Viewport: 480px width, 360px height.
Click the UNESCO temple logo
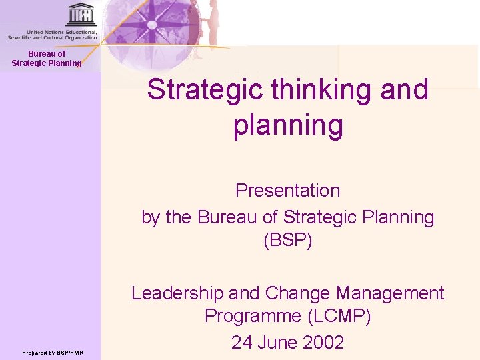pyautogui.click(x=81, y=15)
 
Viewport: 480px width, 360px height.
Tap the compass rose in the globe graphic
pyautogui.click(x=152, y=25)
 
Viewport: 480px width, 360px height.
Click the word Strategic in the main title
pyautogui.click(x=201, y=89)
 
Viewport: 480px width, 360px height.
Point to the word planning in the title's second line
pyautogui.click(x=288, y=125)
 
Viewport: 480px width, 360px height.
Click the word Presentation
pyautogui.click(x=288, y=191)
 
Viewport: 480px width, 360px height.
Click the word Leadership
pyautogui.click(x=177, y=293)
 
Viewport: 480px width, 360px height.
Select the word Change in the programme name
pyautogui.click(x=298, y=293)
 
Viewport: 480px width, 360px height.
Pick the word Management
pyautogui.click(x=390, y=293)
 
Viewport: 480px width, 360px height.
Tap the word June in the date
pyautogui.click(x=273, y=343)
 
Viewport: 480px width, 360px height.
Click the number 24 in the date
pyautogui.click(x=242, y=343)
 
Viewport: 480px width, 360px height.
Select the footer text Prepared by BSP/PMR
pyautogui.click(x=53, y=353)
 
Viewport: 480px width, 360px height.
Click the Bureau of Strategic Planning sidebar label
pyautogui.click(x=47, y=59)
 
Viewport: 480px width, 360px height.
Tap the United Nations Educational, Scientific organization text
pyautogui.click(x=53, y=35)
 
